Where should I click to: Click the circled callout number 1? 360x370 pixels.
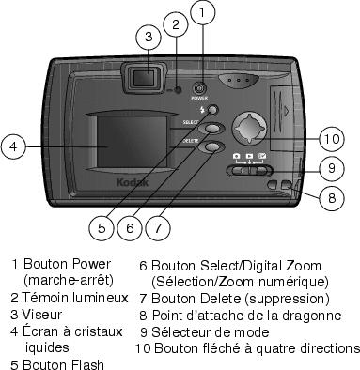point(202,12)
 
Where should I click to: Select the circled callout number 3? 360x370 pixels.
point(149,37)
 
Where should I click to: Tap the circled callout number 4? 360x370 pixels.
point(13,146)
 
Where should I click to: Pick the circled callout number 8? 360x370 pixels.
point(332,198)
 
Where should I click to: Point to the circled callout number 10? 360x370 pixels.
point(332,139)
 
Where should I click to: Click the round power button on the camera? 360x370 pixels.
point(199,88)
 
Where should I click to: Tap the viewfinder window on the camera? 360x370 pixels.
point(144,78)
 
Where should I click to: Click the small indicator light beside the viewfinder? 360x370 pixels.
point(178,90)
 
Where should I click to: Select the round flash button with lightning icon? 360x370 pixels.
point(212,110)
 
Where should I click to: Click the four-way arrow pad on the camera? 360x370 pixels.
point(249,129)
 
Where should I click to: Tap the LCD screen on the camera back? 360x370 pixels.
point(133,141)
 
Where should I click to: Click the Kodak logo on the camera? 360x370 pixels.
point(133,182)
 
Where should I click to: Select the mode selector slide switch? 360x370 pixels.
point(249,171)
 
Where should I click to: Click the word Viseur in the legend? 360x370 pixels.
point(42,315)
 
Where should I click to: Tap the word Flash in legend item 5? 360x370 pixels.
point(87,364)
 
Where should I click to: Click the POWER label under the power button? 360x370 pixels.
point(199,98)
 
